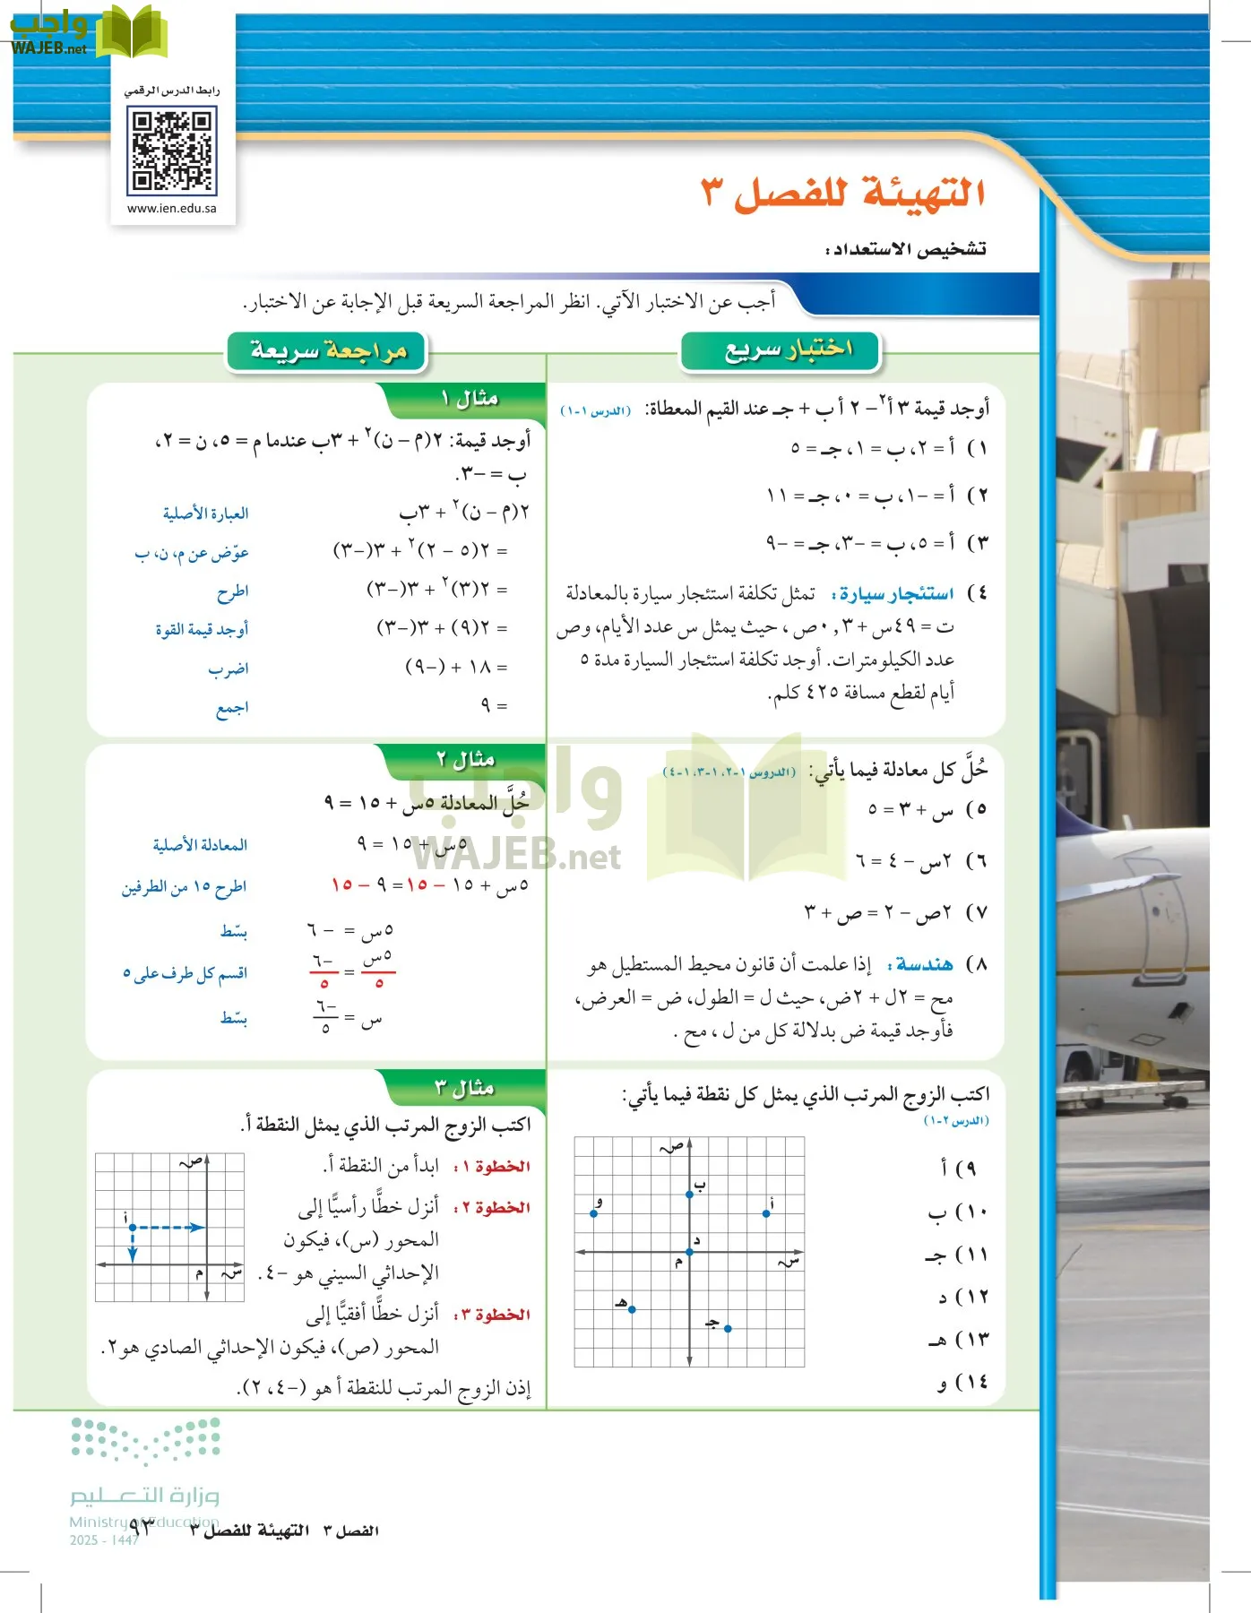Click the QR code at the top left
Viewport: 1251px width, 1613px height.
coord(172,150)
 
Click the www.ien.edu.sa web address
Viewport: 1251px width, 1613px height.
coord(172,208)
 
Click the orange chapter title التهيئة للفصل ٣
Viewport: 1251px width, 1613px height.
coord(842,193)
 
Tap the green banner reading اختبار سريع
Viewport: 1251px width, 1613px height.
coord(781,350)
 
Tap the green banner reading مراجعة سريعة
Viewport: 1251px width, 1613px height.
coord(327,351)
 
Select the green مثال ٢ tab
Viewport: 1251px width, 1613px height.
coord(466,760)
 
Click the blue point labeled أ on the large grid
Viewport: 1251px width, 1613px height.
coord(766,1213)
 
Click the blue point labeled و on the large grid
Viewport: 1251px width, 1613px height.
coord(594,1213)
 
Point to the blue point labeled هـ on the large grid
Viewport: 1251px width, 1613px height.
coord(632,1309)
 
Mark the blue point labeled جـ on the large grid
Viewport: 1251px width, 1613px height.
coord(728,1328)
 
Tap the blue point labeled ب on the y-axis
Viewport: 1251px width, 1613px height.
coord(689,1194)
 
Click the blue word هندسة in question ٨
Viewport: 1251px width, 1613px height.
coord(924,964)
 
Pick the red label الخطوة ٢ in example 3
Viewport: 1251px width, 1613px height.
coord(492,1208)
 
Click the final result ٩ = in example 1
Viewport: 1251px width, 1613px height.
coord(494,705)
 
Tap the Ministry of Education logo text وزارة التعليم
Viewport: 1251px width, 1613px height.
coord(145,1495)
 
